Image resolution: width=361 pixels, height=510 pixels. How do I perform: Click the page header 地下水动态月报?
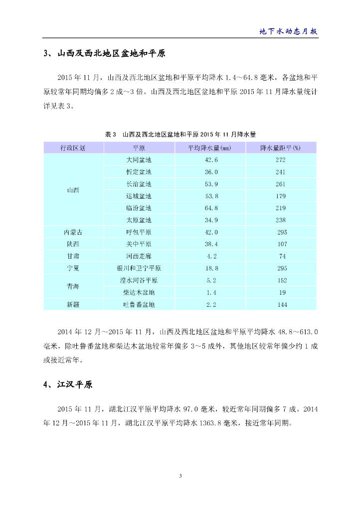click(289, 31)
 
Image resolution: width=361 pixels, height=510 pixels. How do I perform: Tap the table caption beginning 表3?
click(180, 134)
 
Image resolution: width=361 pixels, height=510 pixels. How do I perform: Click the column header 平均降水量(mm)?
click(209, 148)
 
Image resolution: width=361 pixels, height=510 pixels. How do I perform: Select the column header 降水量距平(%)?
click(281, 148)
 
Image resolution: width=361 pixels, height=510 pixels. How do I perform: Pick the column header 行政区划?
click(73, 148)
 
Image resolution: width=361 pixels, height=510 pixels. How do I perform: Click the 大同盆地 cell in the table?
click(139, 160)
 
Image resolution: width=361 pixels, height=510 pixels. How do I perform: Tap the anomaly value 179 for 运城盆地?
click(281, 196)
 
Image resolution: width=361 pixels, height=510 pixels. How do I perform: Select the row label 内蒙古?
click(73, 232)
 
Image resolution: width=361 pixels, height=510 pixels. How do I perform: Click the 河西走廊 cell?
click(139, 256)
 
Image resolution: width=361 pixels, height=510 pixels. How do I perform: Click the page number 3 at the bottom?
click(180, 476)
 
